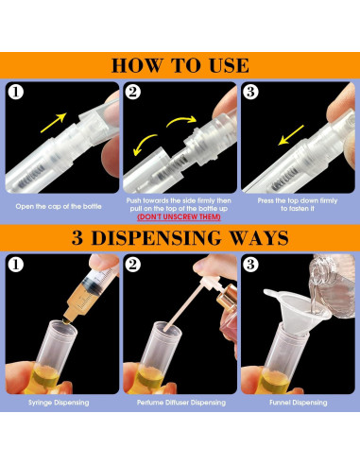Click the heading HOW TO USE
(180, 65)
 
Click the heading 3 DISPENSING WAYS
(180, 236)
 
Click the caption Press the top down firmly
(299, 201)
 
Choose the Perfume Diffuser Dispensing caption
(180, 403)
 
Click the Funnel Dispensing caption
(299, 403)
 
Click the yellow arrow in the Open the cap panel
(59, 122)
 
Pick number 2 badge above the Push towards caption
(134, 94)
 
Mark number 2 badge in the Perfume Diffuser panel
(134, 265)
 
